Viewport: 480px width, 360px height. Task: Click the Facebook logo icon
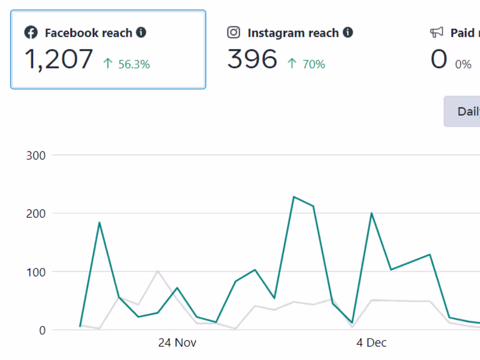pyautogui.click(x=31, y=33)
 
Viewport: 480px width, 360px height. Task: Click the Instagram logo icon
pyautogui.click(x=234, y=33)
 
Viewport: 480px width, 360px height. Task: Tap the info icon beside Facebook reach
pyautogui.click(x=141, y=32)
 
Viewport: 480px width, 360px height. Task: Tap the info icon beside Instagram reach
pyautogui.click(x=348, y=32)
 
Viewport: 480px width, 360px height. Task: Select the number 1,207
pyautogui.click(x=59, y=59)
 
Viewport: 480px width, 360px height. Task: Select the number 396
pyautogui.click(x=252, y=59)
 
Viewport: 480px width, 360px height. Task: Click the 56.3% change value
pyautogui.click(x=134, y=65)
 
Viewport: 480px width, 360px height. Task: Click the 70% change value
pyautogui.click(x=314, y=65)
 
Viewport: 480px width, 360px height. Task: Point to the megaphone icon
pyautogui.click(x=436, y=33)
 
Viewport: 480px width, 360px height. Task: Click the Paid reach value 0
pyautogui.click(x=439, y=59)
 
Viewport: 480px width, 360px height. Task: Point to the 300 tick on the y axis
pyautogui.click(x=36, y=155)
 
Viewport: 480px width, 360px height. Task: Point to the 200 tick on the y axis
pyautogui.click(x=36, y=213)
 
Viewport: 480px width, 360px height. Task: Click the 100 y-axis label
pyautogui.click(x=36, y=272)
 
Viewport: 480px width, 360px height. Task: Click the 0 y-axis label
pyautogui.click(x=42, y=330)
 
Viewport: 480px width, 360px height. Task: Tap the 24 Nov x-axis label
pyautogui.click(x=177, y=343)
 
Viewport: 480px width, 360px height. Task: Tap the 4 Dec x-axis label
pyautogui.click(x=371, y=343)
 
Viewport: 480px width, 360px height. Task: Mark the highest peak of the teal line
pyautogui.click(x=294, y=197)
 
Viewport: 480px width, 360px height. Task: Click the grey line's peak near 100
pyautogui.click(x=158, y=271)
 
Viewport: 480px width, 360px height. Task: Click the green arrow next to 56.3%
pyautogui.click(x=108, y=64)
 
